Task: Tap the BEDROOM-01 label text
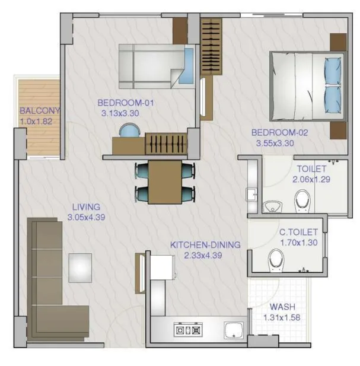[x=126, y=103]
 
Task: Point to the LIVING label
[x=85, y=207]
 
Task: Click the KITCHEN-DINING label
[x=205, y=244]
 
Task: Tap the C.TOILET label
[x=298, y=232]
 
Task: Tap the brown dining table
[x=165, y=182]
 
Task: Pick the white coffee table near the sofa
[x=80, y=268]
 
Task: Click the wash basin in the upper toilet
[x=272, y=206]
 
